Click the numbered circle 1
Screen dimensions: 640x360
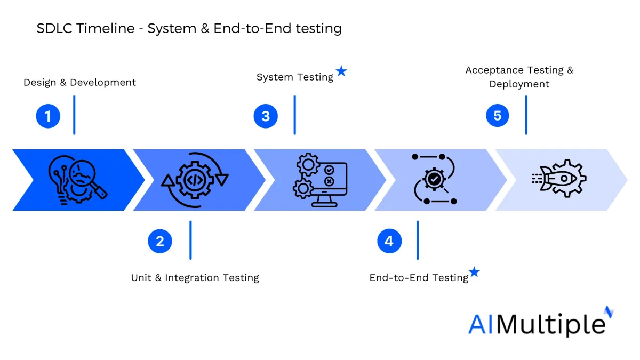click(x=48, y=116)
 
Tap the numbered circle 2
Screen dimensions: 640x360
click(x=160, y=241)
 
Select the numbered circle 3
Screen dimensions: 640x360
click(x=266, y=116)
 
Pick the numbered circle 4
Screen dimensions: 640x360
click(x=389, y=241)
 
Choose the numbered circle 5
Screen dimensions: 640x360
click(x=498, y=115)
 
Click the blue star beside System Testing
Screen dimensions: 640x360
click(x=341, y=71)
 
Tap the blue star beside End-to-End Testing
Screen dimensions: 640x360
click(x=474, y=271)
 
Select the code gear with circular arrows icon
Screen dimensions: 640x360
click(x=195, y=180)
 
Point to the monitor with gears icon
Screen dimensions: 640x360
click(x=320, y=180)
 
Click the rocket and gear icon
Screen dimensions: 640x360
click(x=559, y=179)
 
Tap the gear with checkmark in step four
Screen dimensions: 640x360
click(x=434, y=179)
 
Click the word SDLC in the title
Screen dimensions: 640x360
click(x=54, y=28)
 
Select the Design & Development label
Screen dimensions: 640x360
click(x=79, y=82)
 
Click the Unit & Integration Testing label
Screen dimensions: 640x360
click(x=195, y=278)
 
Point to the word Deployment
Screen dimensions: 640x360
click(x=519, y=84)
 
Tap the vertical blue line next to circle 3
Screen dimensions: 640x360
click(x=295, y=115)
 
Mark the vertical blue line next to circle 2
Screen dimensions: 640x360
click(x=190, y=240)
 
